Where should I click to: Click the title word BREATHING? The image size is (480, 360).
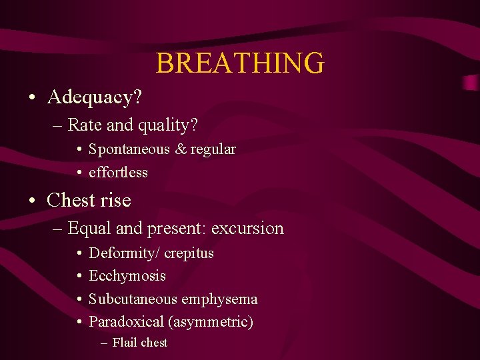tap(240, 63)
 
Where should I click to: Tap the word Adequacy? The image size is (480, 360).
tap(94, 97)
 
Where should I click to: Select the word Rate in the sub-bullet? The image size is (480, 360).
tap(82, 125)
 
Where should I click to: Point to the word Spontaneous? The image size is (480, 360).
tap(129, 149)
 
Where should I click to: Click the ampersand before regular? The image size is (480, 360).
tap(180, 149)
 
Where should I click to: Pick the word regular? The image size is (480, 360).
tap(213, 149)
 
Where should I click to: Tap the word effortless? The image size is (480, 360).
tap(118, 173)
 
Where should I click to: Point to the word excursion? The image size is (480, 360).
tap(247, 228)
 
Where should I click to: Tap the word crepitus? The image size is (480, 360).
tap(189, 253)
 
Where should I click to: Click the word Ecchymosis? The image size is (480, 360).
tap(127, 276)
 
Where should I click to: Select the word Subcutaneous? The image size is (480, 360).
tap(132, 299)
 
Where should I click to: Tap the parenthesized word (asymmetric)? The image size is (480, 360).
tap(211, 322)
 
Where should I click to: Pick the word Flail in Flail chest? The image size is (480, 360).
tap(124, 343)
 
